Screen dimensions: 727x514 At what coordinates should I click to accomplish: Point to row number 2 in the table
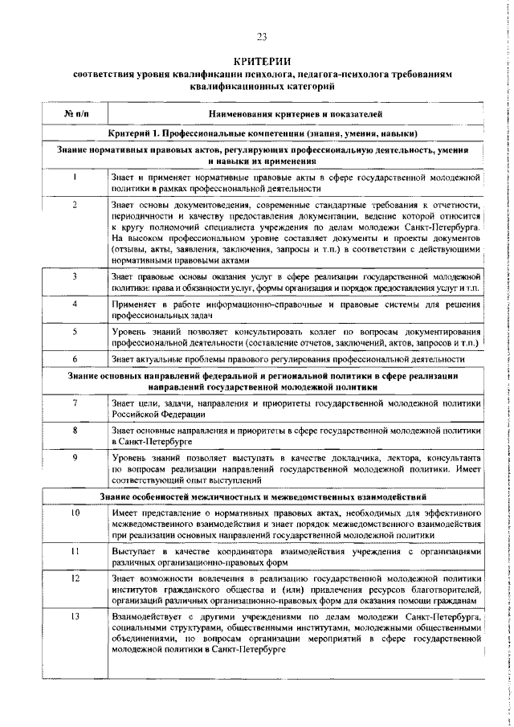pyautogui.click(x=74, y=206)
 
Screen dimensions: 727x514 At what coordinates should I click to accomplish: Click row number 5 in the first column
pyautogui.click(x=74, y=331)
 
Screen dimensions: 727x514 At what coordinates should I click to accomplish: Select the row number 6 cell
pyautogui.click(x=74, y=358)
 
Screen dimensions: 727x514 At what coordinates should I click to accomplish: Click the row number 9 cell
pyautogui.click(x=74, y=457)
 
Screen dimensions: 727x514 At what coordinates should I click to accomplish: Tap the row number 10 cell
pyautogui.click(x=74, y=512)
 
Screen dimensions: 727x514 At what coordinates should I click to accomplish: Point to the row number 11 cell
pyautogui.click(x=74, y=552)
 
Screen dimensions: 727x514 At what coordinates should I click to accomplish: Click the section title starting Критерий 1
pyautogui.click(x=262, y=133)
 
